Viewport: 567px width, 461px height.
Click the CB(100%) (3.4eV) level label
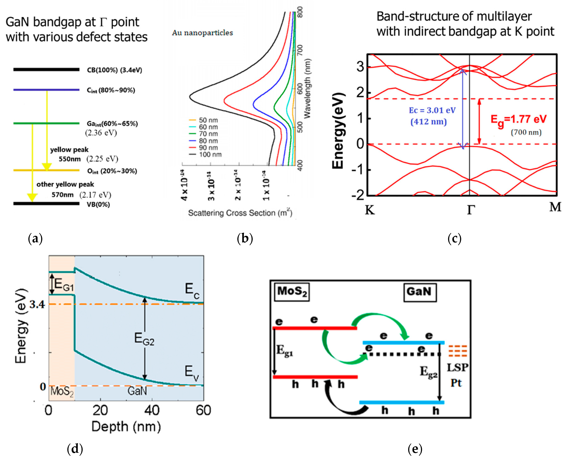point(114,70)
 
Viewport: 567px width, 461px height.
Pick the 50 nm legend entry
point(208,120)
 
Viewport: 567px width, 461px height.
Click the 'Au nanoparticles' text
point(202,33)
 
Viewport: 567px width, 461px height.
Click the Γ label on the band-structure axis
point(470,210)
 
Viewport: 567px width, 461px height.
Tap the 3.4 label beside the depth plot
point(37,304)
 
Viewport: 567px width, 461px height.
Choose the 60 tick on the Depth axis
point(203,410)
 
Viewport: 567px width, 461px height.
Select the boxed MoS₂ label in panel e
point(292,292)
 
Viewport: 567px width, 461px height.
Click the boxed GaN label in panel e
point(420,292)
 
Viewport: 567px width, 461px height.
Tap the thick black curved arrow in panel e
point(342,404)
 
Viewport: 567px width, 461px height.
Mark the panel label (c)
point(454,238)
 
